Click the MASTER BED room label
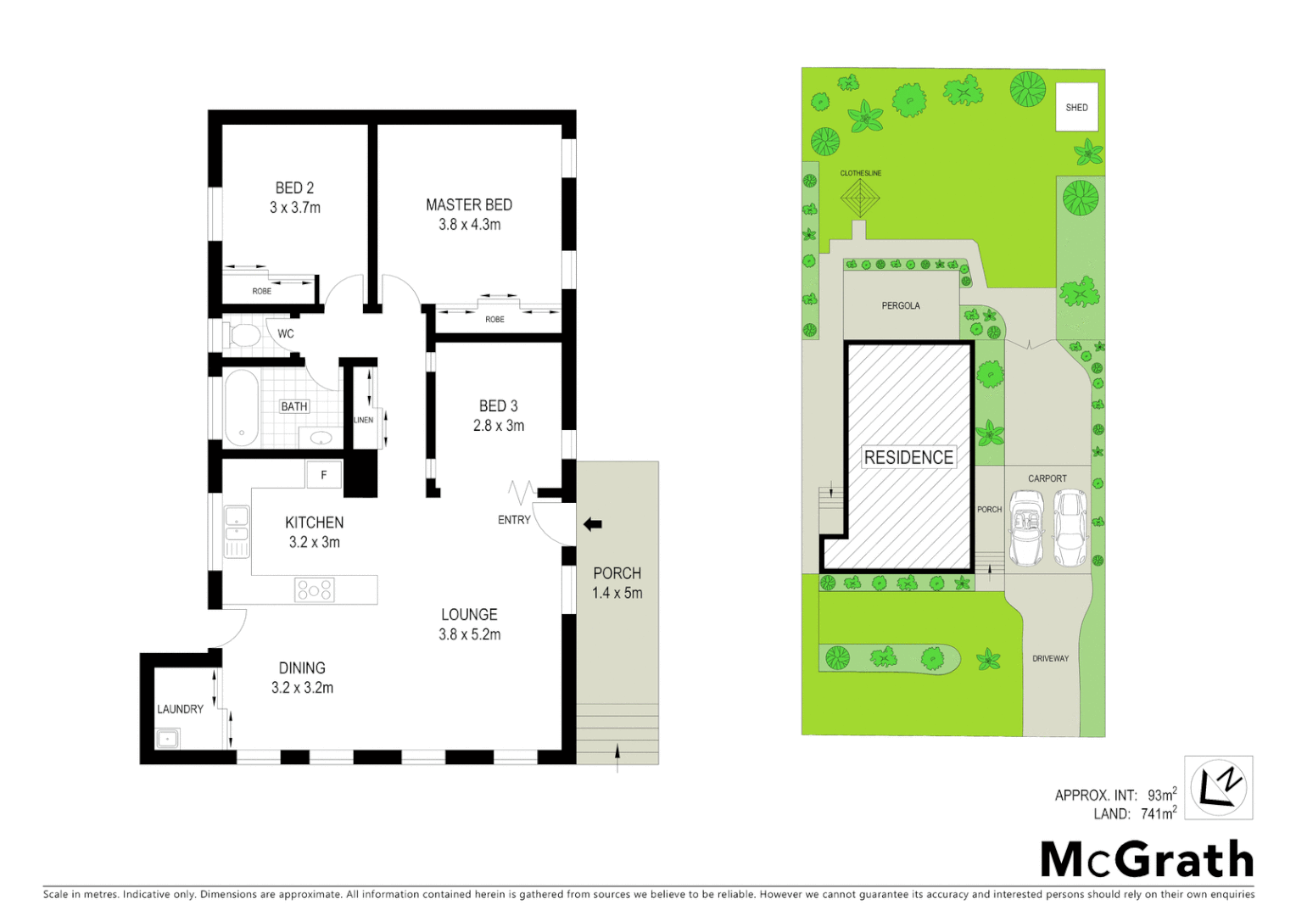[468, 205]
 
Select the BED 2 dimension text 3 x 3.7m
[294, 208]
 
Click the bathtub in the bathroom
[241, 407]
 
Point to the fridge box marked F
[323, 475]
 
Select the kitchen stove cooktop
[314, 589]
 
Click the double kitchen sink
[237, 531]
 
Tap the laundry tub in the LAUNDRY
[168, 739]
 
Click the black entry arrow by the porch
[592, 524]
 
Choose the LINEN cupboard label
[363, 420]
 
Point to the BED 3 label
[498, 406]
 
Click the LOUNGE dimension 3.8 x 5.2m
[469, 634]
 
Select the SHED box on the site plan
[1076, 107]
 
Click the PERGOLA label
[900, 305]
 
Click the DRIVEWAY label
[1050, 658]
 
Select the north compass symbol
[1218, 787]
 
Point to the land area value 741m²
[1158, 814]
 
